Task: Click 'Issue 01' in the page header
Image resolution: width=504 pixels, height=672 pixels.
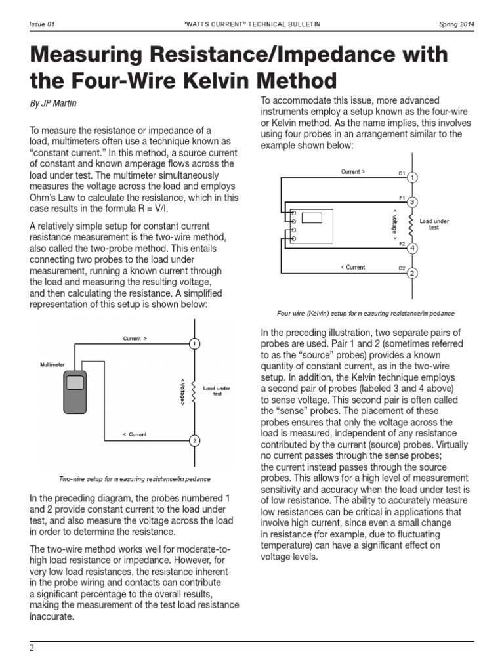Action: tap(42, 24)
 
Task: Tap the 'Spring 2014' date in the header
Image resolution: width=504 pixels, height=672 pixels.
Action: tap(457, 24)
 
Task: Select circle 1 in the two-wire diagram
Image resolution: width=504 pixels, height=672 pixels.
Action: tap(194, 343)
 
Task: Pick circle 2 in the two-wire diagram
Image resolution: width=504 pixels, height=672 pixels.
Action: tap(194, 440)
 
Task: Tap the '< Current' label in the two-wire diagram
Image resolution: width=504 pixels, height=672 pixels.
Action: tap(135, 434)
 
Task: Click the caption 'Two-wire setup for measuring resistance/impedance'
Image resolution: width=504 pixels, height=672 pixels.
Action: tap(135, 479)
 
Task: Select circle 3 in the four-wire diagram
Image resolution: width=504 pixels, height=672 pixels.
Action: tap(411, 201)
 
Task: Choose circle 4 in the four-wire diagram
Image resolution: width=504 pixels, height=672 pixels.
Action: tap(411, 249)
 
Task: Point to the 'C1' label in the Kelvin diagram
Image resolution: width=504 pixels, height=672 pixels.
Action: tap(402, 173)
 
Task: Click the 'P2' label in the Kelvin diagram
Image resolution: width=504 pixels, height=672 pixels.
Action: tap(402, 243)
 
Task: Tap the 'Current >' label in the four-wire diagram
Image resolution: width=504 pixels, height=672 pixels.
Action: tap(353, 172)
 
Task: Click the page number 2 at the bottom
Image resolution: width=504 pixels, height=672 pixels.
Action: tap(31, 648)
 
